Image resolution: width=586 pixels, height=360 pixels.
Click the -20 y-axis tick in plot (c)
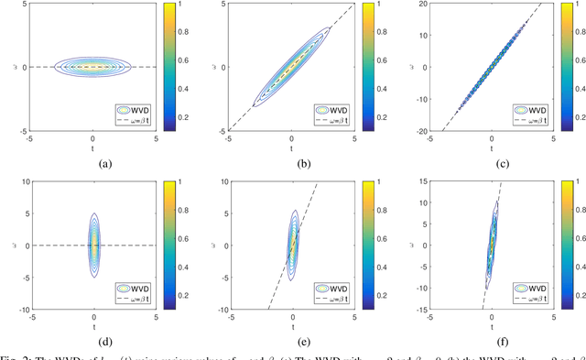[x=415, y=131]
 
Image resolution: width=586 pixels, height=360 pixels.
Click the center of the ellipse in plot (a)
[x=94, y=67]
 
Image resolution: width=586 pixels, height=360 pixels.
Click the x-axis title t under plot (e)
[x=292, y=325]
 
